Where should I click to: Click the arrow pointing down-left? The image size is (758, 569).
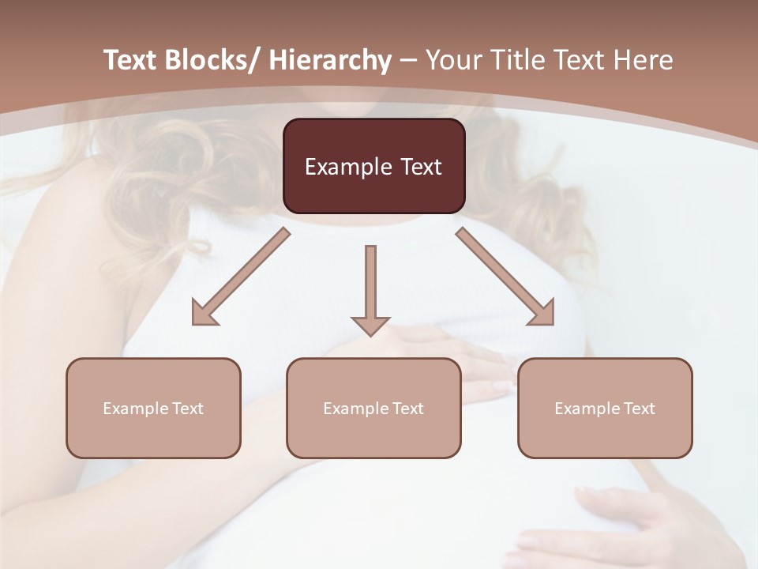pos(241,277)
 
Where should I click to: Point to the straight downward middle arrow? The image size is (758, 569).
pos(370,288)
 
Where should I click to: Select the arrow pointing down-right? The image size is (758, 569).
pos(505,277)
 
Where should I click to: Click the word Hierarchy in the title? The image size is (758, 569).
pos(330,60)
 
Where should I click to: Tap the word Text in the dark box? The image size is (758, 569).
pos(420,167)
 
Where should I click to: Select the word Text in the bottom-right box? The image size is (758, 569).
pos(639,409)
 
